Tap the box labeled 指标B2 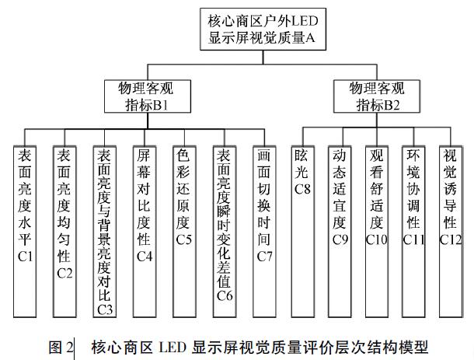click(377, 95)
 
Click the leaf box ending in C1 click(24, 231)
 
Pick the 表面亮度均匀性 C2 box click(64, 231)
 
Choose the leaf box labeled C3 click(105, 231)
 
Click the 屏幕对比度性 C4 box click(145, 231)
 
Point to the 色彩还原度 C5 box click(183, 231)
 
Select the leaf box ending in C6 click(225, 231)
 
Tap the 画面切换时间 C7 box click(264, 231)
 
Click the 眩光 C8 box click(303, 231)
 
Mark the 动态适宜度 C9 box click(339, 231)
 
